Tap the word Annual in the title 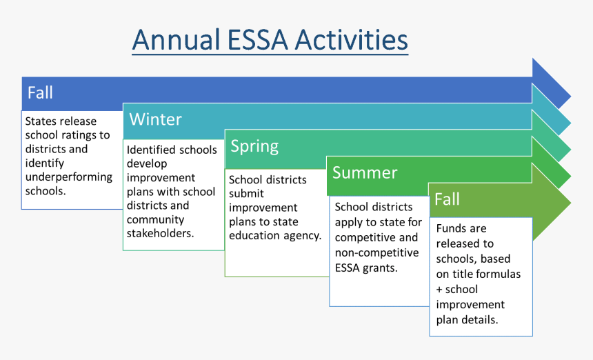click(x=177, y=40)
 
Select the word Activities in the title click(x=351, y=40)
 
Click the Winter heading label click(x=155, y=119)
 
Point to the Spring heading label click(x=254, y=146)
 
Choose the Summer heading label click(x=365, y=172)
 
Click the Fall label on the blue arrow click(x=40, y=92)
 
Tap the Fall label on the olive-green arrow click(x=447, y=199)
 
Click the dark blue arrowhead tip click(x=570, y=97)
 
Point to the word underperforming click(x=69, y=177)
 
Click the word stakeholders click(x=160, y=233)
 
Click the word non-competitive click(x=376, y=252)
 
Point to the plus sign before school click(x=439, y=290)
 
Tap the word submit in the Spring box click(x=246, y=194)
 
